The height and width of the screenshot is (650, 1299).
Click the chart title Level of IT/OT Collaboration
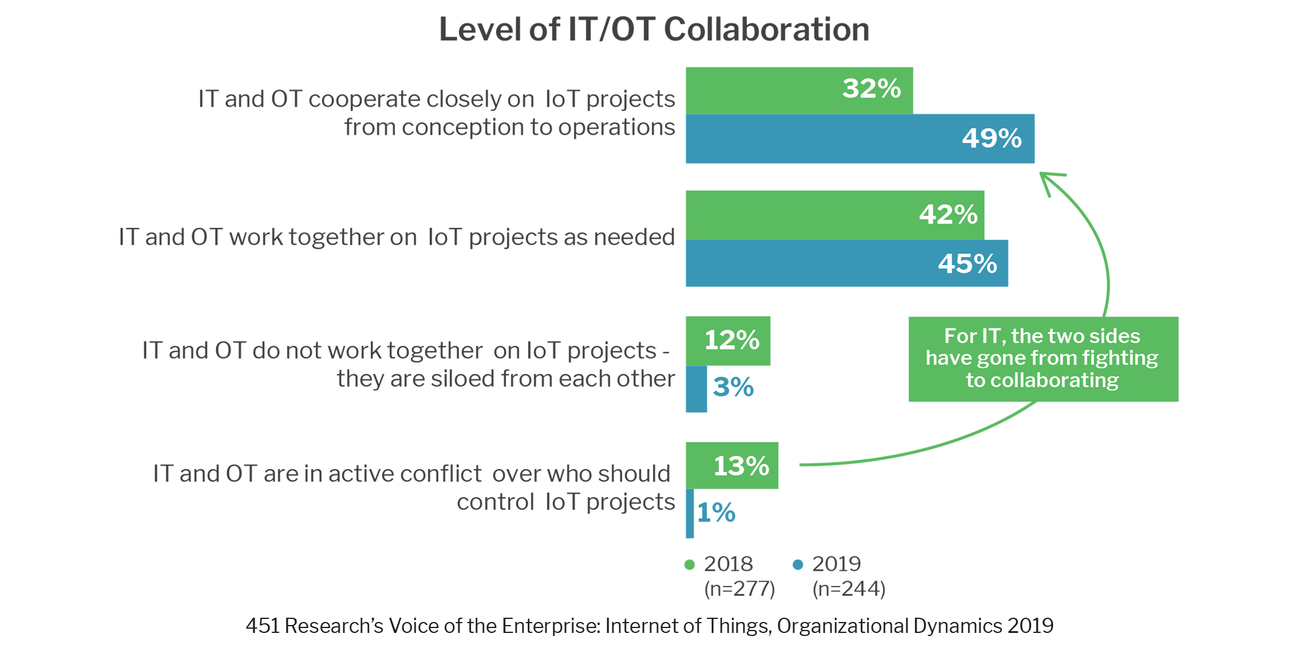pos(654,29)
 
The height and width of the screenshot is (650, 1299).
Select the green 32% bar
pos(799,90)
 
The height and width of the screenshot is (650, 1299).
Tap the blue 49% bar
pos(860,138)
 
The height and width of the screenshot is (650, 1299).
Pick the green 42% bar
pos(835,215)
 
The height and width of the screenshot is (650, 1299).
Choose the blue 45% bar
pos(847,263)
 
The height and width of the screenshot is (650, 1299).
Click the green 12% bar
pos(728,341)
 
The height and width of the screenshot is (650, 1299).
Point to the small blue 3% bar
pos(696,389)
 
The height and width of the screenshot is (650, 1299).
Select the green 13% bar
pos(732,465)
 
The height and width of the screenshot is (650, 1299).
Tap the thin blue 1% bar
pos(690,514)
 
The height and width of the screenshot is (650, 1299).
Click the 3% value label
pos(734,387)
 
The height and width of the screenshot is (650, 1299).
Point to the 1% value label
pos(716,513)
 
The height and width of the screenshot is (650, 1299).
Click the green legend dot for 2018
pos(690,565)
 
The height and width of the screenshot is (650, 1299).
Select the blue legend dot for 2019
pos(798,565)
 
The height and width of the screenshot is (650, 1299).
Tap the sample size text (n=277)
pos(740,589)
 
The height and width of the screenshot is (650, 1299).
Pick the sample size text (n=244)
pos(849,589)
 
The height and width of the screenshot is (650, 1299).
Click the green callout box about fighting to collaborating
pos(1043,359)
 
